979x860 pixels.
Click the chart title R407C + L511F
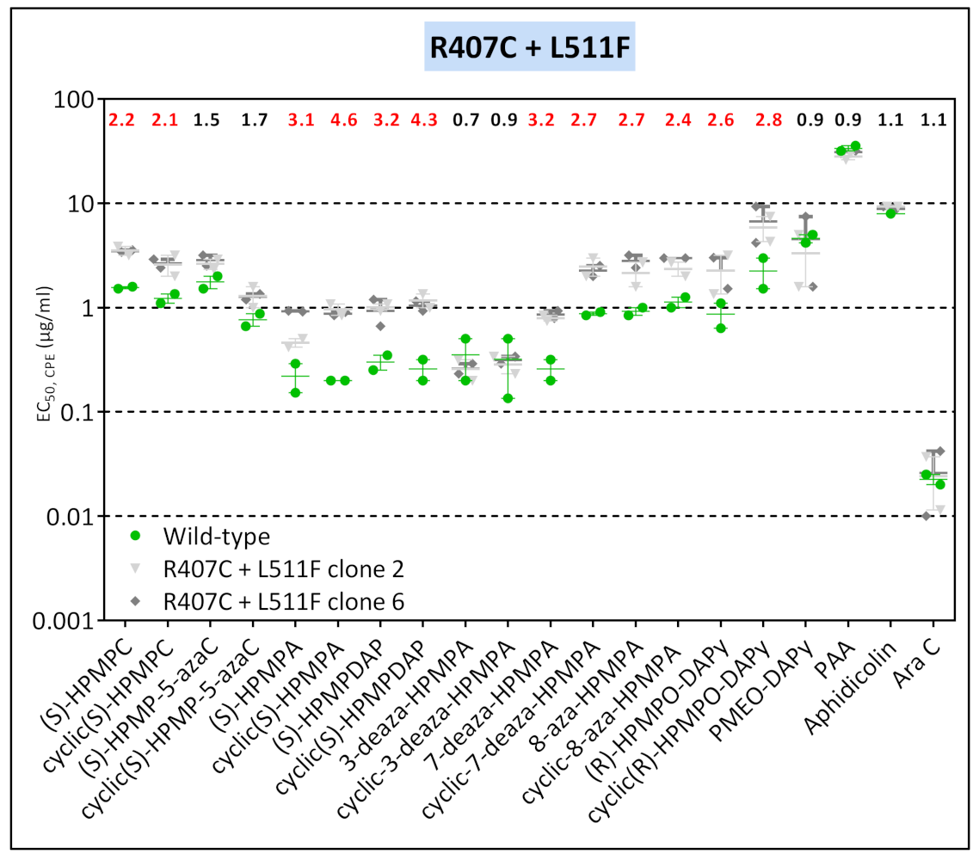(x=531, y=47)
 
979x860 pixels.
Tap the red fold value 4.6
(x=334, y=121)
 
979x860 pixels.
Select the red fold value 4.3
(x=422, y=121)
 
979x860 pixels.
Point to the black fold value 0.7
(x=465, y=121)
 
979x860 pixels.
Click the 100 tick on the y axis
(x=71, y=100)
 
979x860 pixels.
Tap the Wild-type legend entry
(x=216, y=537)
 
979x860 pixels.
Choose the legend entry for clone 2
(x=283, y=569)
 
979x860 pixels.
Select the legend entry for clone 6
(x=283, y=603)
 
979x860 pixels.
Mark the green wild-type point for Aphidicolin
(x=891, y=213)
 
